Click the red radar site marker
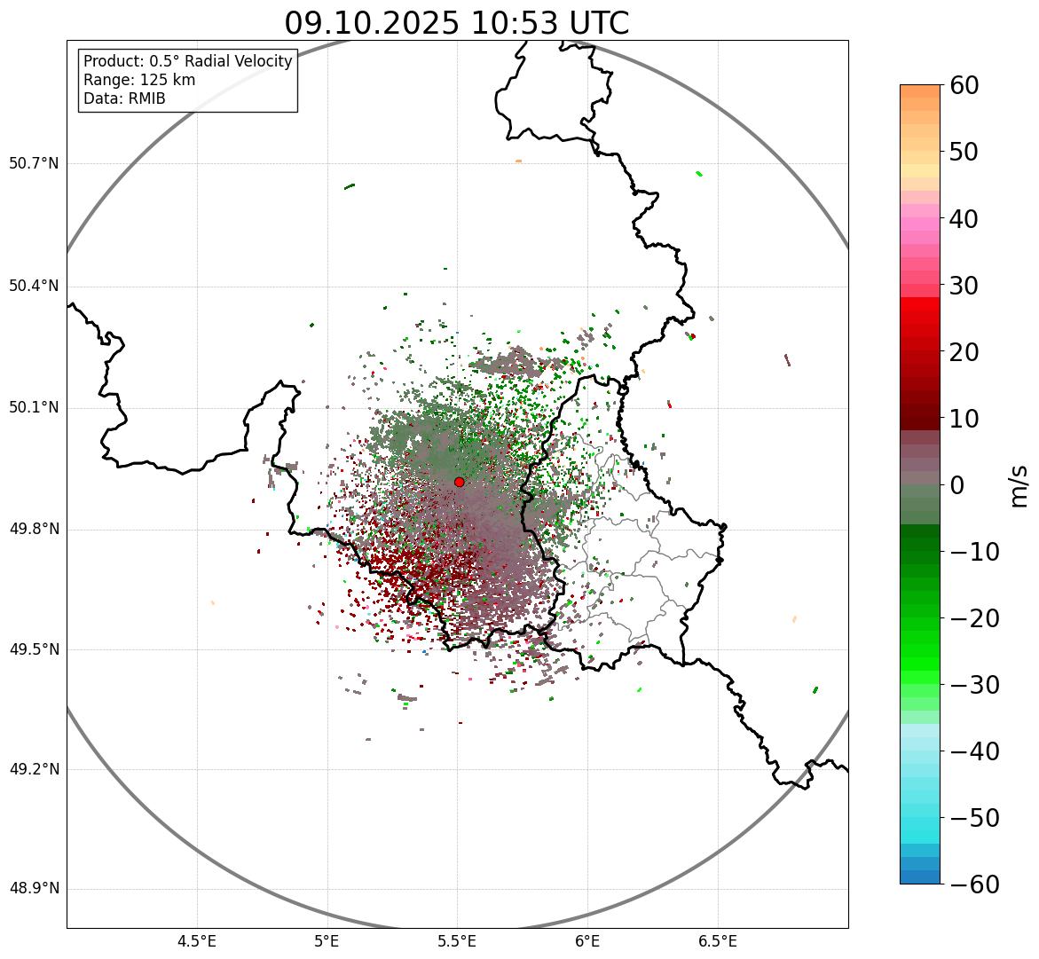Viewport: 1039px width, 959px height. point(459,482)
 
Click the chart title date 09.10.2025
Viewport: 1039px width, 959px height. point(372,23)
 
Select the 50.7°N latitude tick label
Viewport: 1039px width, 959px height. point(34,163)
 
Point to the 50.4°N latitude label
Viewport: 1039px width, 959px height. point(34,286)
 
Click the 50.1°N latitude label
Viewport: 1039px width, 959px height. point(34,408)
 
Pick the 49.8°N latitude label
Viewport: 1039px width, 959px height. point(34,530)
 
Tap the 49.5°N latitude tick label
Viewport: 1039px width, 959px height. point(34,649)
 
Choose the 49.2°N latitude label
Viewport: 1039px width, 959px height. point(34,769)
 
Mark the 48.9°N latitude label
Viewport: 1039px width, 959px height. point(34,889)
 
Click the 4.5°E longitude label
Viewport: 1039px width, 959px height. point(197,941)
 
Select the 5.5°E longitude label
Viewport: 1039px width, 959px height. point(457,941)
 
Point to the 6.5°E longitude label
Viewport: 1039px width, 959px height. point(717,941)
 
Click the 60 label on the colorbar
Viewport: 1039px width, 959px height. point(964,85)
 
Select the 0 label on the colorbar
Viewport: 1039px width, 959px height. point(956,485)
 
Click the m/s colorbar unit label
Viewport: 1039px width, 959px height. point(1019,485)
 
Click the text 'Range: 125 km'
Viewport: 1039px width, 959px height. point(139,80)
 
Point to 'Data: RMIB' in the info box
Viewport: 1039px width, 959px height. point(124,98)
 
